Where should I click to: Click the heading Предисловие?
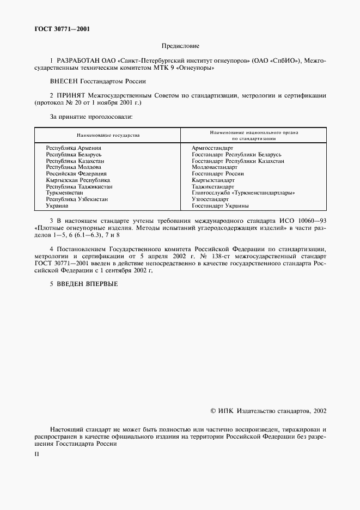pos(180,46)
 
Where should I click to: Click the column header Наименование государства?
pos(108,135)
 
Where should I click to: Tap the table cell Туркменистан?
pos(64,193)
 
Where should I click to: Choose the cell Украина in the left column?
pos(57,206)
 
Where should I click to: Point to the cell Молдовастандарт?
pos(214,167)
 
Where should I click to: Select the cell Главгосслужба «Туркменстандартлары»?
pos(243,193)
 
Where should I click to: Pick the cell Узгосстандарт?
pos(210,199)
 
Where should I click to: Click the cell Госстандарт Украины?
pos(220,206)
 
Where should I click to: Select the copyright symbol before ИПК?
pos(213,412)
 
